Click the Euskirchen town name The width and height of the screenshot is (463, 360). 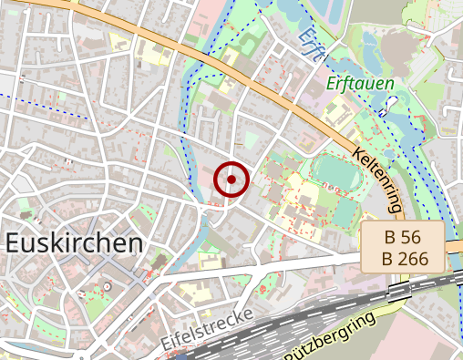[74, 243]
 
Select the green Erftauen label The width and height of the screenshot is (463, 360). [360, 85]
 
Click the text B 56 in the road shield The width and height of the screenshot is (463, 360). [402, 237]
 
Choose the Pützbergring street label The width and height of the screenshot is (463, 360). [330, 337]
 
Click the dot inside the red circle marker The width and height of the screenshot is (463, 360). [231, 180]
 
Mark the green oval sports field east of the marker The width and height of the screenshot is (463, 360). [334, 171]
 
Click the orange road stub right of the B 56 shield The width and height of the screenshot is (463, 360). [455, 246]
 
